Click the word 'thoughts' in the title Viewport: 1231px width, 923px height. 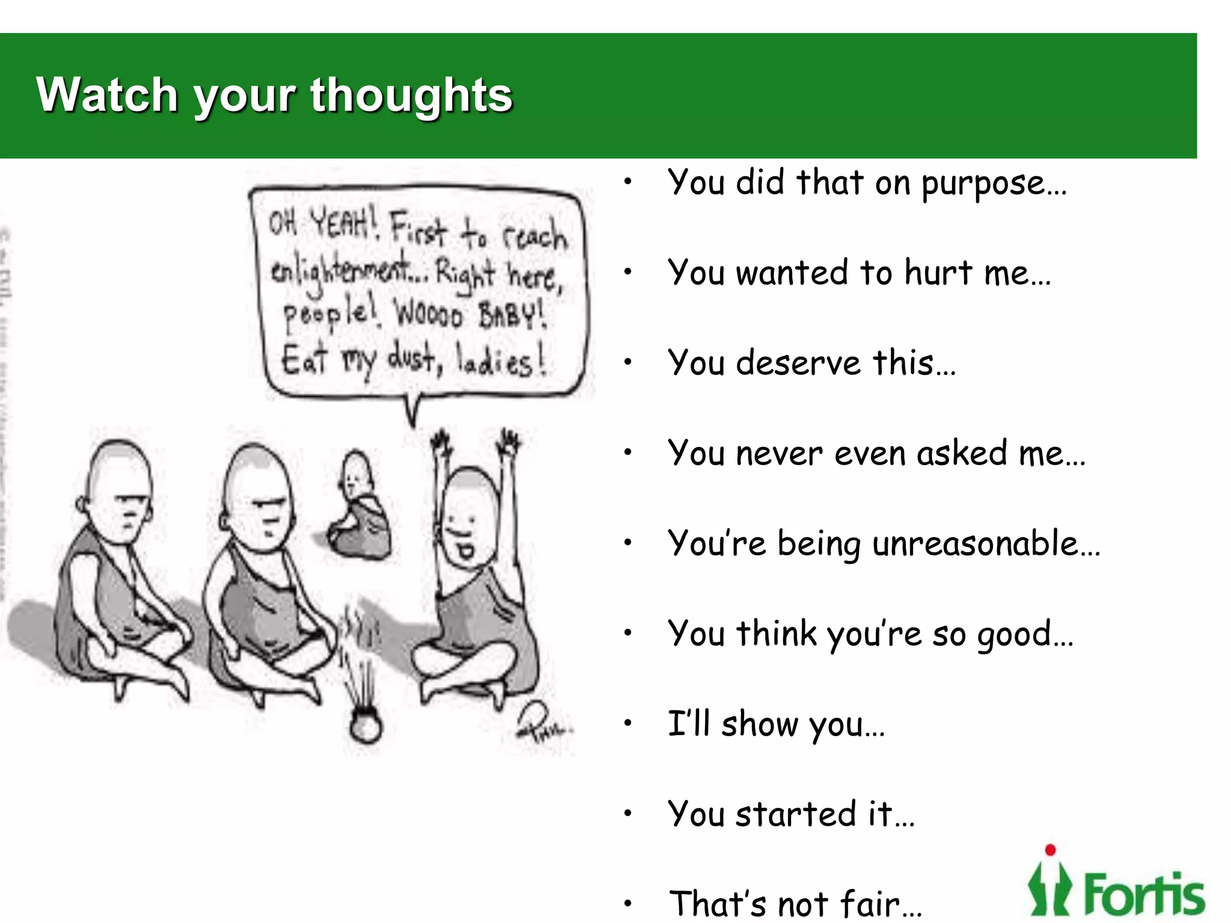coord(411,95)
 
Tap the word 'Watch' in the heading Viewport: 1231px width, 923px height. coord(107,95)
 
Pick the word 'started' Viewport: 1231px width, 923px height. coord(796,814)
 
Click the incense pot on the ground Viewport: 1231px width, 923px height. coord(365,725)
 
